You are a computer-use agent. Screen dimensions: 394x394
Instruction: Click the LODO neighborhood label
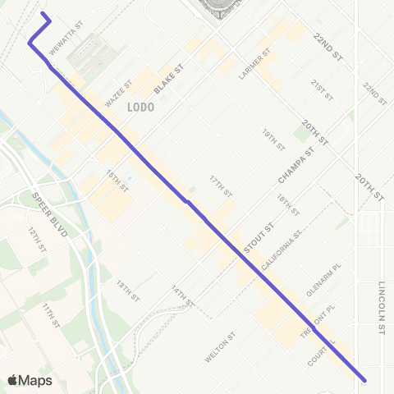137,107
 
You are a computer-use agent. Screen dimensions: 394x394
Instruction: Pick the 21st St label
321,89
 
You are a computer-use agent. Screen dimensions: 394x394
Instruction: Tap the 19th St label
272,136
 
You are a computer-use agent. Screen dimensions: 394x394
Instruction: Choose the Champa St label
295,164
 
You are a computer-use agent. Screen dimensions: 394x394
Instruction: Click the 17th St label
219,185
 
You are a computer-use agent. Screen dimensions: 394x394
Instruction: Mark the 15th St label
117,181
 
